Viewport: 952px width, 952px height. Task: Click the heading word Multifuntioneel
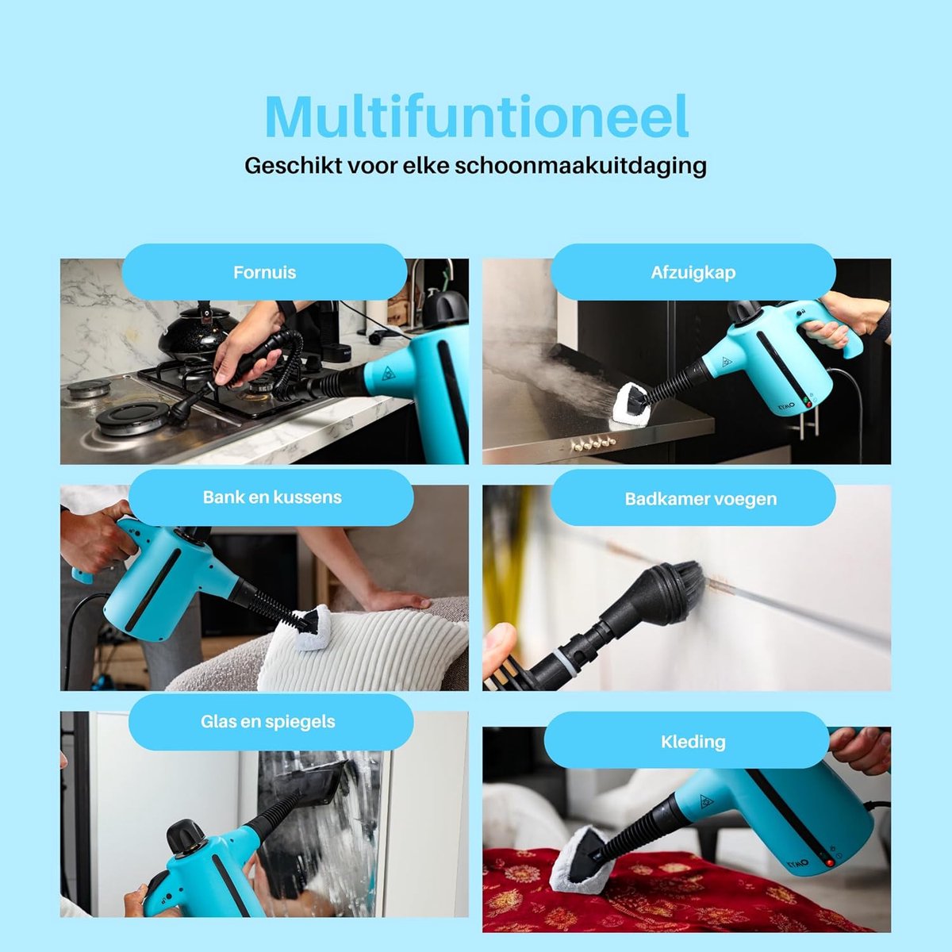[476, 117]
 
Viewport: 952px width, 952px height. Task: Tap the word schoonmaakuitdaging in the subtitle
[581, 166]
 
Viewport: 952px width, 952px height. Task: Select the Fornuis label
[264, 272]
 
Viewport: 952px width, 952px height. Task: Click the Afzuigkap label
[693, 272]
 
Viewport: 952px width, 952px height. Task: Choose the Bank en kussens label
[272, 497]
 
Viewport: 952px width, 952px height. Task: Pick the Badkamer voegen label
[701, 498]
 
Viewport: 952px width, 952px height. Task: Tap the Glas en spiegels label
[268, 722]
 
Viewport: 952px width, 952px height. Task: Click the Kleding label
[693, 742]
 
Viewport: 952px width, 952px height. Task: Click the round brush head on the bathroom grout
[672, 588]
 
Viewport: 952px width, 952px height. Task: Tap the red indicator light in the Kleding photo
[831, 862]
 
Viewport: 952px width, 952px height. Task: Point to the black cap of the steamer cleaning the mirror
[186, 834]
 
